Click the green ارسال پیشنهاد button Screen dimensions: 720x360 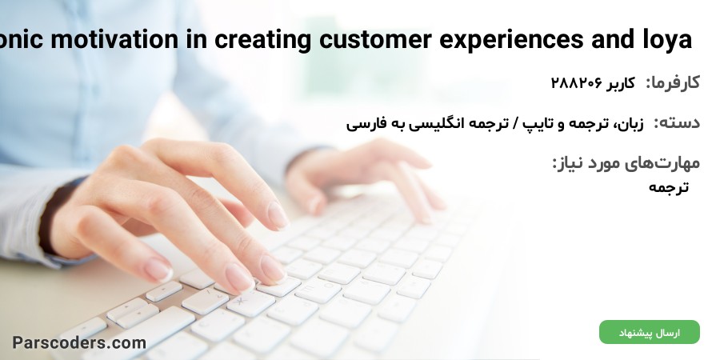click(650, 333)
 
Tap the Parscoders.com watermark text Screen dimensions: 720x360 click(79, 343)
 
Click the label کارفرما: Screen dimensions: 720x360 click(673, 83)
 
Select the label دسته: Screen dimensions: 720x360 click(677, 122)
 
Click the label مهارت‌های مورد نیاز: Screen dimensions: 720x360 click(626, 163)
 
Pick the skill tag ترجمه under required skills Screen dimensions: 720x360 click(669, 187)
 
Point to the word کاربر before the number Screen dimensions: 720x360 click(621, 83)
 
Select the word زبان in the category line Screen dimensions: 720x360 click(630, 123)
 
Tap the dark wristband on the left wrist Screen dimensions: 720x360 click(50, 216)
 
